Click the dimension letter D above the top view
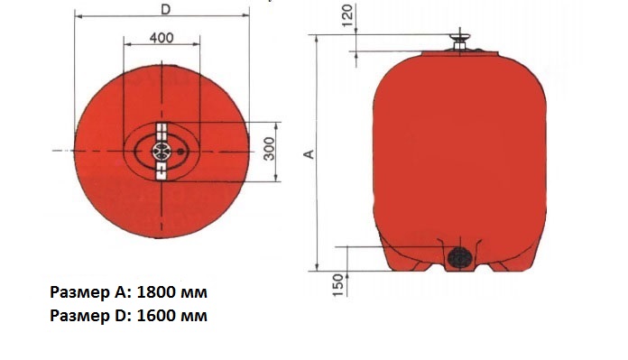point(165,9)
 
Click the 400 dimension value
point(162,38)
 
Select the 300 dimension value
point(270,149)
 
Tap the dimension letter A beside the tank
point(309,154)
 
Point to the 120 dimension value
point(348,15)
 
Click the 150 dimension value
point(338,285)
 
